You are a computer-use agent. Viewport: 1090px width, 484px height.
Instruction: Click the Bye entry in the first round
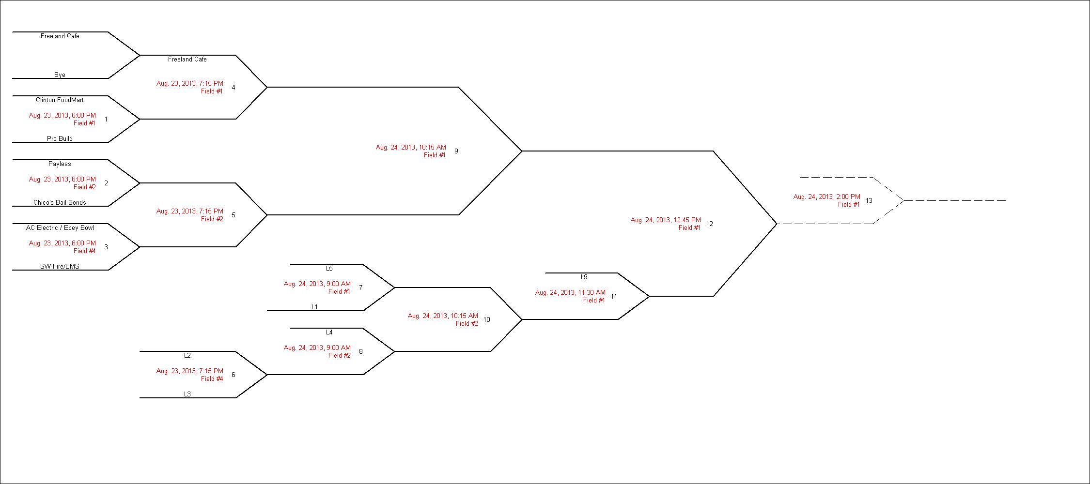click(60, 75)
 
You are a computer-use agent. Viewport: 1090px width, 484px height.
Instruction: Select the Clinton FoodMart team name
click(60, 100)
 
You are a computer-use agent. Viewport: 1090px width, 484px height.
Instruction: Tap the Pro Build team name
click(60, 139)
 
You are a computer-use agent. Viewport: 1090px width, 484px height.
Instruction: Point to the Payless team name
click(60, 164)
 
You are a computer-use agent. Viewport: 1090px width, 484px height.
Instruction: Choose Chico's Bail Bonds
click(60, 203)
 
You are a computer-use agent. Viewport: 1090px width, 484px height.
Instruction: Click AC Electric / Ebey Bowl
click(60, 228)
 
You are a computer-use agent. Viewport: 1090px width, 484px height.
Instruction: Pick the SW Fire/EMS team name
click(60, 267)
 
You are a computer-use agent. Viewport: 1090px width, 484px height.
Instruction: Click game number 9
click(456, 151)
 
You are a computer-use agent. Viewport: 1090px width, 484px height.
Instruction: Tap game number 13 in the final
click(869, 200)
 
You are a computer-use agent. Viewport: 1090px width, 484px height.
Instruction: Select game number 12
click(710, 224)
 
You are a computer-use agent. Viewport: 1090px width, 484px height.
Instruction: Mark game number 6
click(234, 375)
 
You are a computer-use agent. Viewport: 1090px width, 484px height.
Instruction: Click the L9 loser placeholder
click(584, 277)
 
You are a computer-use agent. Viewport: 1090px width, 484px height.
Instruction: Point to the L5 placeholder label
click(329, 269)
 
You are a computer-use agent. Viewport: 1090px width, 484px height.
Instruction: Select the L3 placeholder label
click(187, 394)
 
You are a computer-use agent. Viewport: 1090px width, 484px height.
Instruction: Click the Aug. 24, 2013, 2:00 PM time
click(826, 197)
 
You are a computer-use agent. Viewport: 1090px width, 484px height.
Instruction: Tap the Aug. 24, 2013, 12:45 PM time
click(665, 220)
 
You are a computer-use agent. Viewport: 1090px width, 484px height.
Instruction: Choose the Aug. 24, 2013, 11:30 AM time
click(570, 293)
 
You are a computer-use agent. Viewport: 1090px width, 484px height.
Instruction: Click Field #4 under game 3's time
click(84, 251)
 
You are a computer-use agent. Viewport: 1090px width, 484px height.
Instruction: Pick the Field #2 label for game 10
click(467, 324)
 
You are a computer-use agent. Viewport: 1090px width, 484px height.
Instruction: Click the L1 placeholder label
click(315, 307)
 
